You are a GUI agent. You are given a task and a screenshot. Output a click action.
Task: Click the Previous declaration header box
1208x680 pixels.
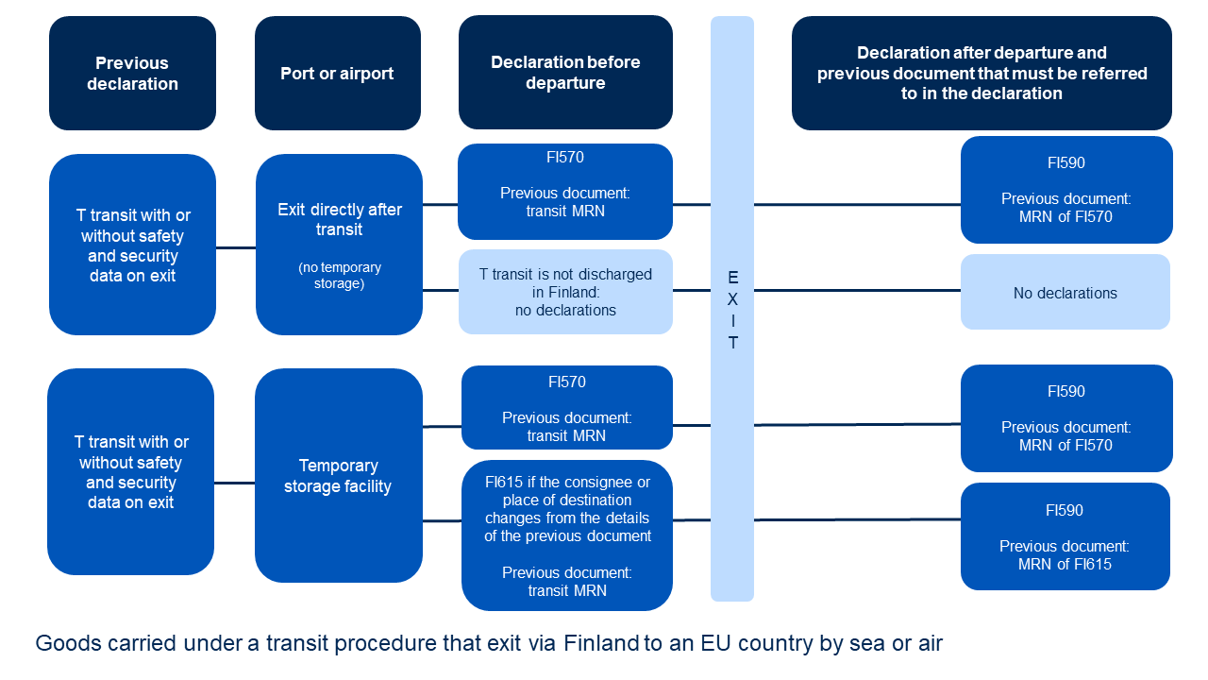point(132,74)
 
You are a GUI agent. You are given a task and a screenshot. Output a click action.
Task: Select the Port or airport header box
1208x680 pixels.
point(337,74)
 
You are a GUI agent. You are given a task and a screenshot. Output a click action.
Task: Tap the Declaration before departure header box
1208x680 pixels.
point(565,73)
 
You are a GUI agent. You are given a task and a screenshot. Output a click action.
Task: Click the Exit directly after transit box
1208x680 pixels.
point(339,219)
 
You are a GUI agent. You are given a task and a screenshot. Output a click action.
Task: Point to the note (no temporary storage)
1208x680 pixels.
point(340,275)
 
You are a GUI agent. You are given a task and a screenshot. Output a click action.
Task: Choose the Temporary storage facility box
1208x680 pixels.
point(338,476)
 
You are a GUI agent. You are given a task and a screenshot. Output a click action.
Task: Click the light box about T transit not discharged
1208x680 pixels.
point(565,292)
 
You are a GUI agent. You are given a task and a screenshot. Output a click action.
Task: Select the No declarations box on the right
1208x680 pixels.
point(1065,293)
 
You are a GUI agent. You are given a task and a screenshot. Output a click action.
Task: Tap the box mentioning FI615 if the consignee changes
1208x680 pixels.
point(567,535)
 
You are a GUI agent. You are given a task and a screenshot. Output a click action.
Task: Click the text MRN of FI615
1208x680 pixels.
point(1065,564)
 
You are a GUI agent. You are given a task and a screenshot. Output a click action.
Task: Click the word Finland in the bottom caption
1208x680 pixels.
point(601,644)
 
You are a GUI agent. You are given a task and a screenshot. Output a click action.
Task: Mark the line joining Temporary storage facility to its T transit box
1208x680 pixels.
point(234,484)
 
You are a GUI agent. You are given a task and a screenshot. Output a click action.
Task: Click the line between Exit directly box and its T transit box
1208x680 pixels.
point(236,248)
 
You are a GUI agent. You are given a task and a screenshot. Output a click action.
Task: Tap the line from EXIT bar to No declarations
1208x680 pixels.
point(857,291)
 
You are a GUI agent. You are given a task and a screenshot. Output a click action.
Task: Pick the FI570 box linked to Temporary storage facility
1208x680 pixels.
point(567,408)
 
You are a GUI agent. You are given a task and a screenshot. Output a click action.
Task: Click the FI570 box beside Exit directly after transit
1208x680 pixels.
point(565,192)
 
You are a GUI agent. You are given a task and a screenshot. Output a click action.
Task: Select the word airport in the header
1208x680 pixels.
point(362,74)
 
